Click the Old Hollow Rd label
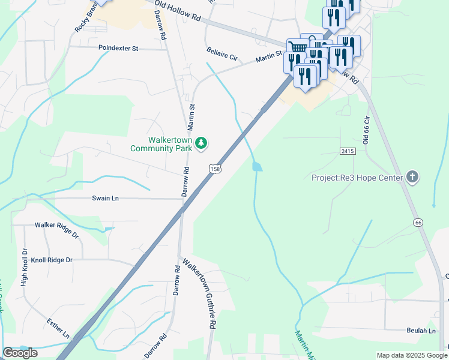click(x=177, y=11)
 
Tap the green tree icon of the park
click(x=202, y=143)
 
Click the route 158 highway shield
click(x=215, y=170)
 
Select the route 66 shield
click(x=418, y=223)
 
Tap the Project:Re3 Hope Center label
click(x=357, y=177)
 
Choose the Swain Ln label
click(x=105, y=198)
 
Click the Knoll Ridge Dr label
click(x=52, y=260)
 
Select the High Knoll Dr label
click(x=25, y=267)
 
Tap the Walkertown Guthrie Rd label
click(x=199, y=294)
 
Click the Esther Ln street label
click(x=58, y=328)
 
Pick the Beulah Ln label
click(x=420, y=331)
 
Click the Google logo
click(x=20, y=353)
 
